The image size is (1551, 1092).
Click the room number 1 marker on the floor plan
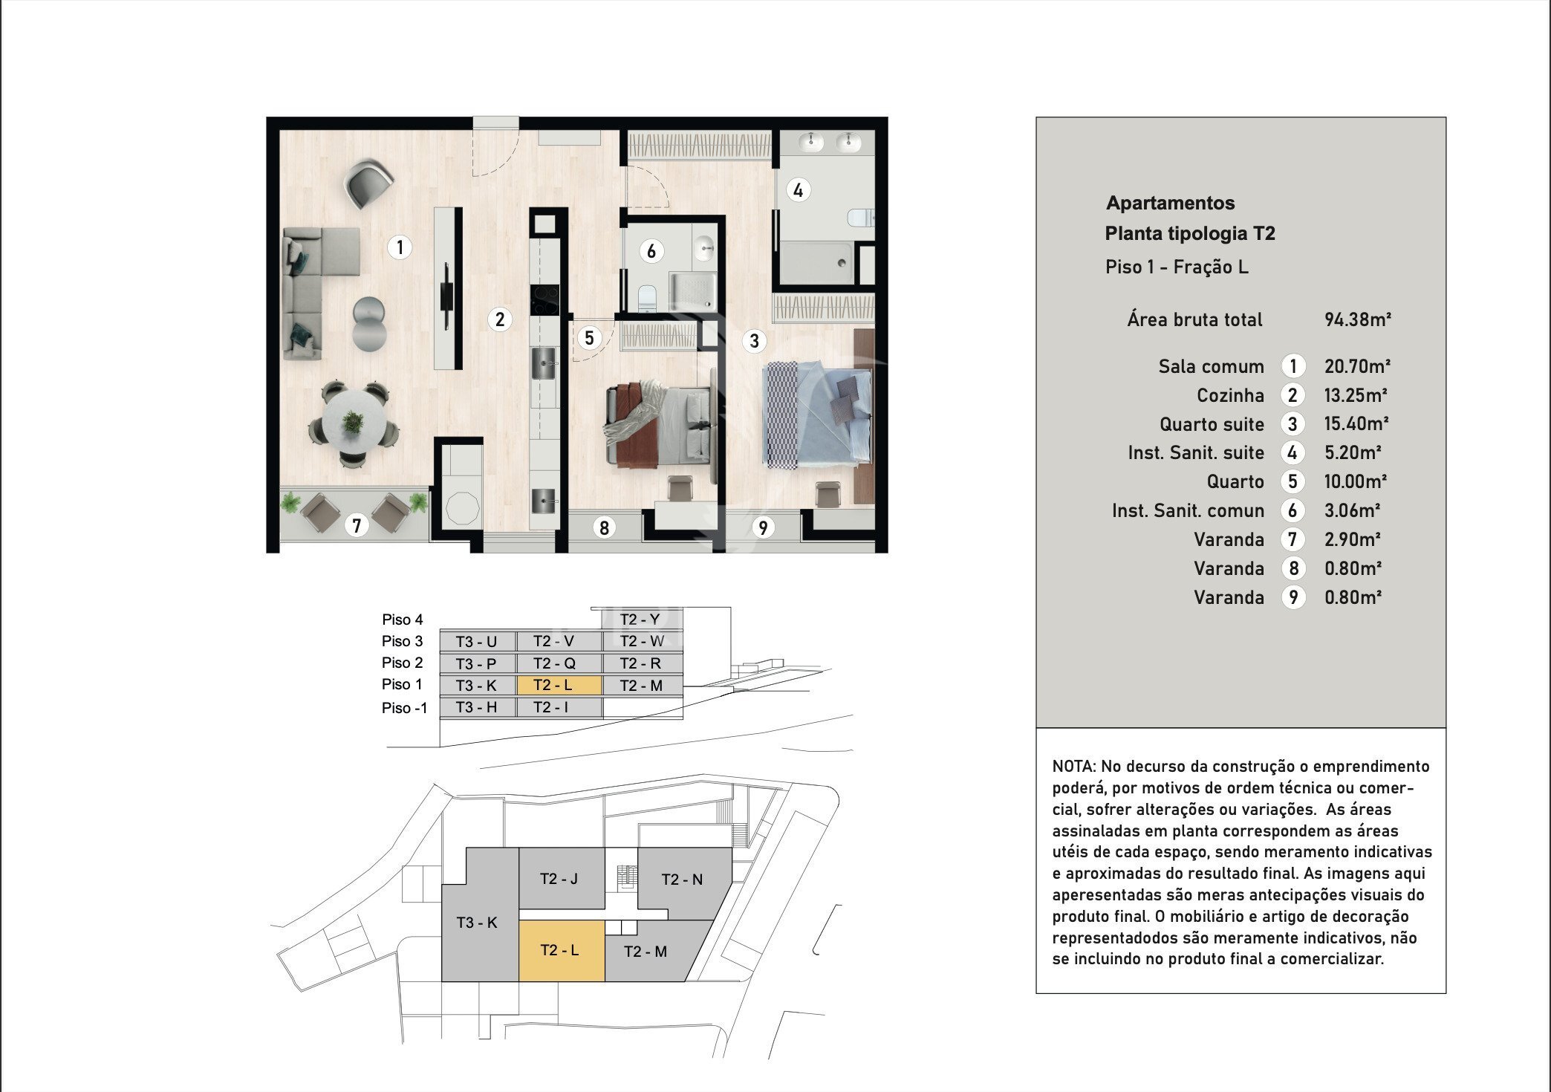400,247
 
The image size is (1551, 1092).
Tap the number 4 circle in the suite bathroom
798,190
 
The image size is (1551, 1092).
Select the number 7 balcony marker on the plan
357,525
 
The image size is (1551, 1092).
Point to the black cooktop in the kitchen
544,300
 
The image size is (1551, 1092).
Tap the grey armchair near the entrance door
369,183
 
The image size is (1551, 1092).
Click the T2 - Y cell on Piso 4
640,620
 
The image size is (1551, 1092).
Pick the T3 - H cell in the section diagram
476,707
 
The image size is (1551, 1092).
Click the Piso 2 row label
402,663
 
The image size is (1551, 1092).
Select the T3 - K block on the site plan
477,923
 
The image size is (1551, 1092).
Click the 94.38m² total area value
1357,319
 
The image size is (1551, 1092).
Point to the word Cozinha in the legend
1230,395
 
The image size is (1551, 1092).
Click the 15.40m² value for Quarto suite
1356,423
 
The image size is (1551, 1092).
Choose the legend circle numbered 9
1292,597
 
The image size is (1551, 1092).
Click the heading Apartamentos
1171,203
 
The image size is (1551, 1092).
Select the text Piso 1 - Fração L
1177,267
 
